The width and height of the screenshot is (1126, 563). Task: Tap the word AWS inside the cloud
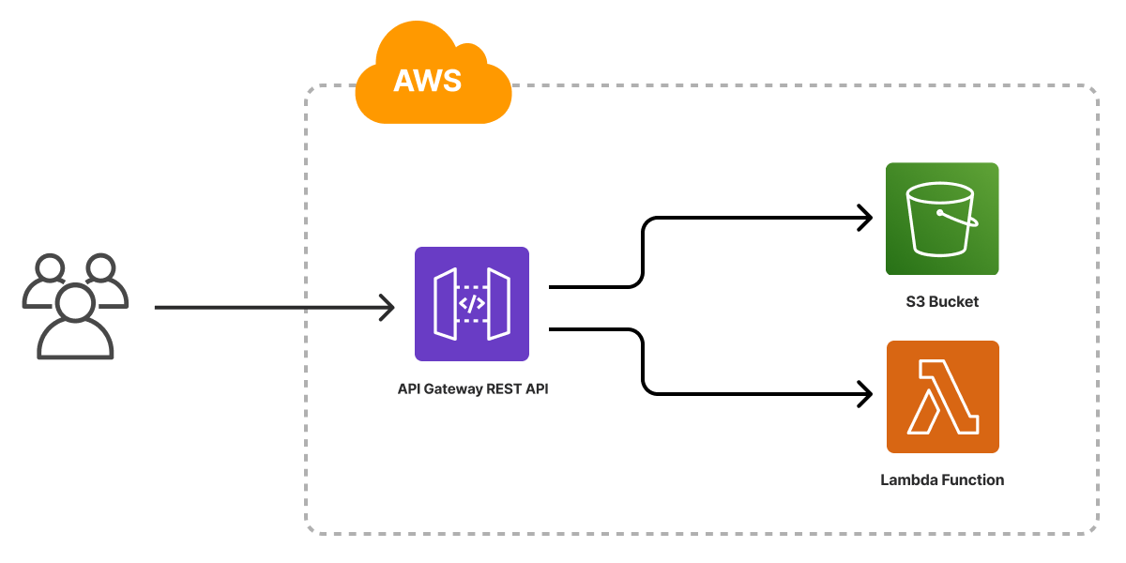click(427, 81)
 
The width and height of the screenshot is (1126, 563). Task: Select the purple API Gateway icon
click(472, 304)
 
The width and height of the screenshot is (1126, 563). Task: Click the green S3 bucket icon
click(942, 219)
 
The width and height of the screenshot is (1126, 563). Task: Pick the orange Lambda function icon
click(942, 397)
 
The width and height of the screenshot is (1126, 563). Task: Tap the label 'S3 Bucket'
click(942, 302)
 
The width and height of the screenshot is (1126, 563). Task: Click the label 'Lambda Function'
click(942, 480)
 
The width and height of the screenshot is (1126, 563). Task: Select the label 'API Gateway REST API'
click(473, 388)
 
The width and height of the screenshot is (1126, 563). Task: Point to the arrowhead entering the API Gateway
click(387, 307)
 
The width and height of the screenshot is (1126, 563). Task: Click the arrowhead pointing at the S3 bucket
click(864, 219)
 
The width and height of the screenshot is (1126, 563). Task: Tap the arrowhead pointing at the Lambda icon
click(864, 393)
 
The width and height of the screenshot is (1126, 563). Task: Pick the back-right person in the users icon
click(103, 280)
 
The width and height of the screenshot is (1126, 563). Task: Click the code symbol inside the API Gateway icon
click(472, 304)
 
